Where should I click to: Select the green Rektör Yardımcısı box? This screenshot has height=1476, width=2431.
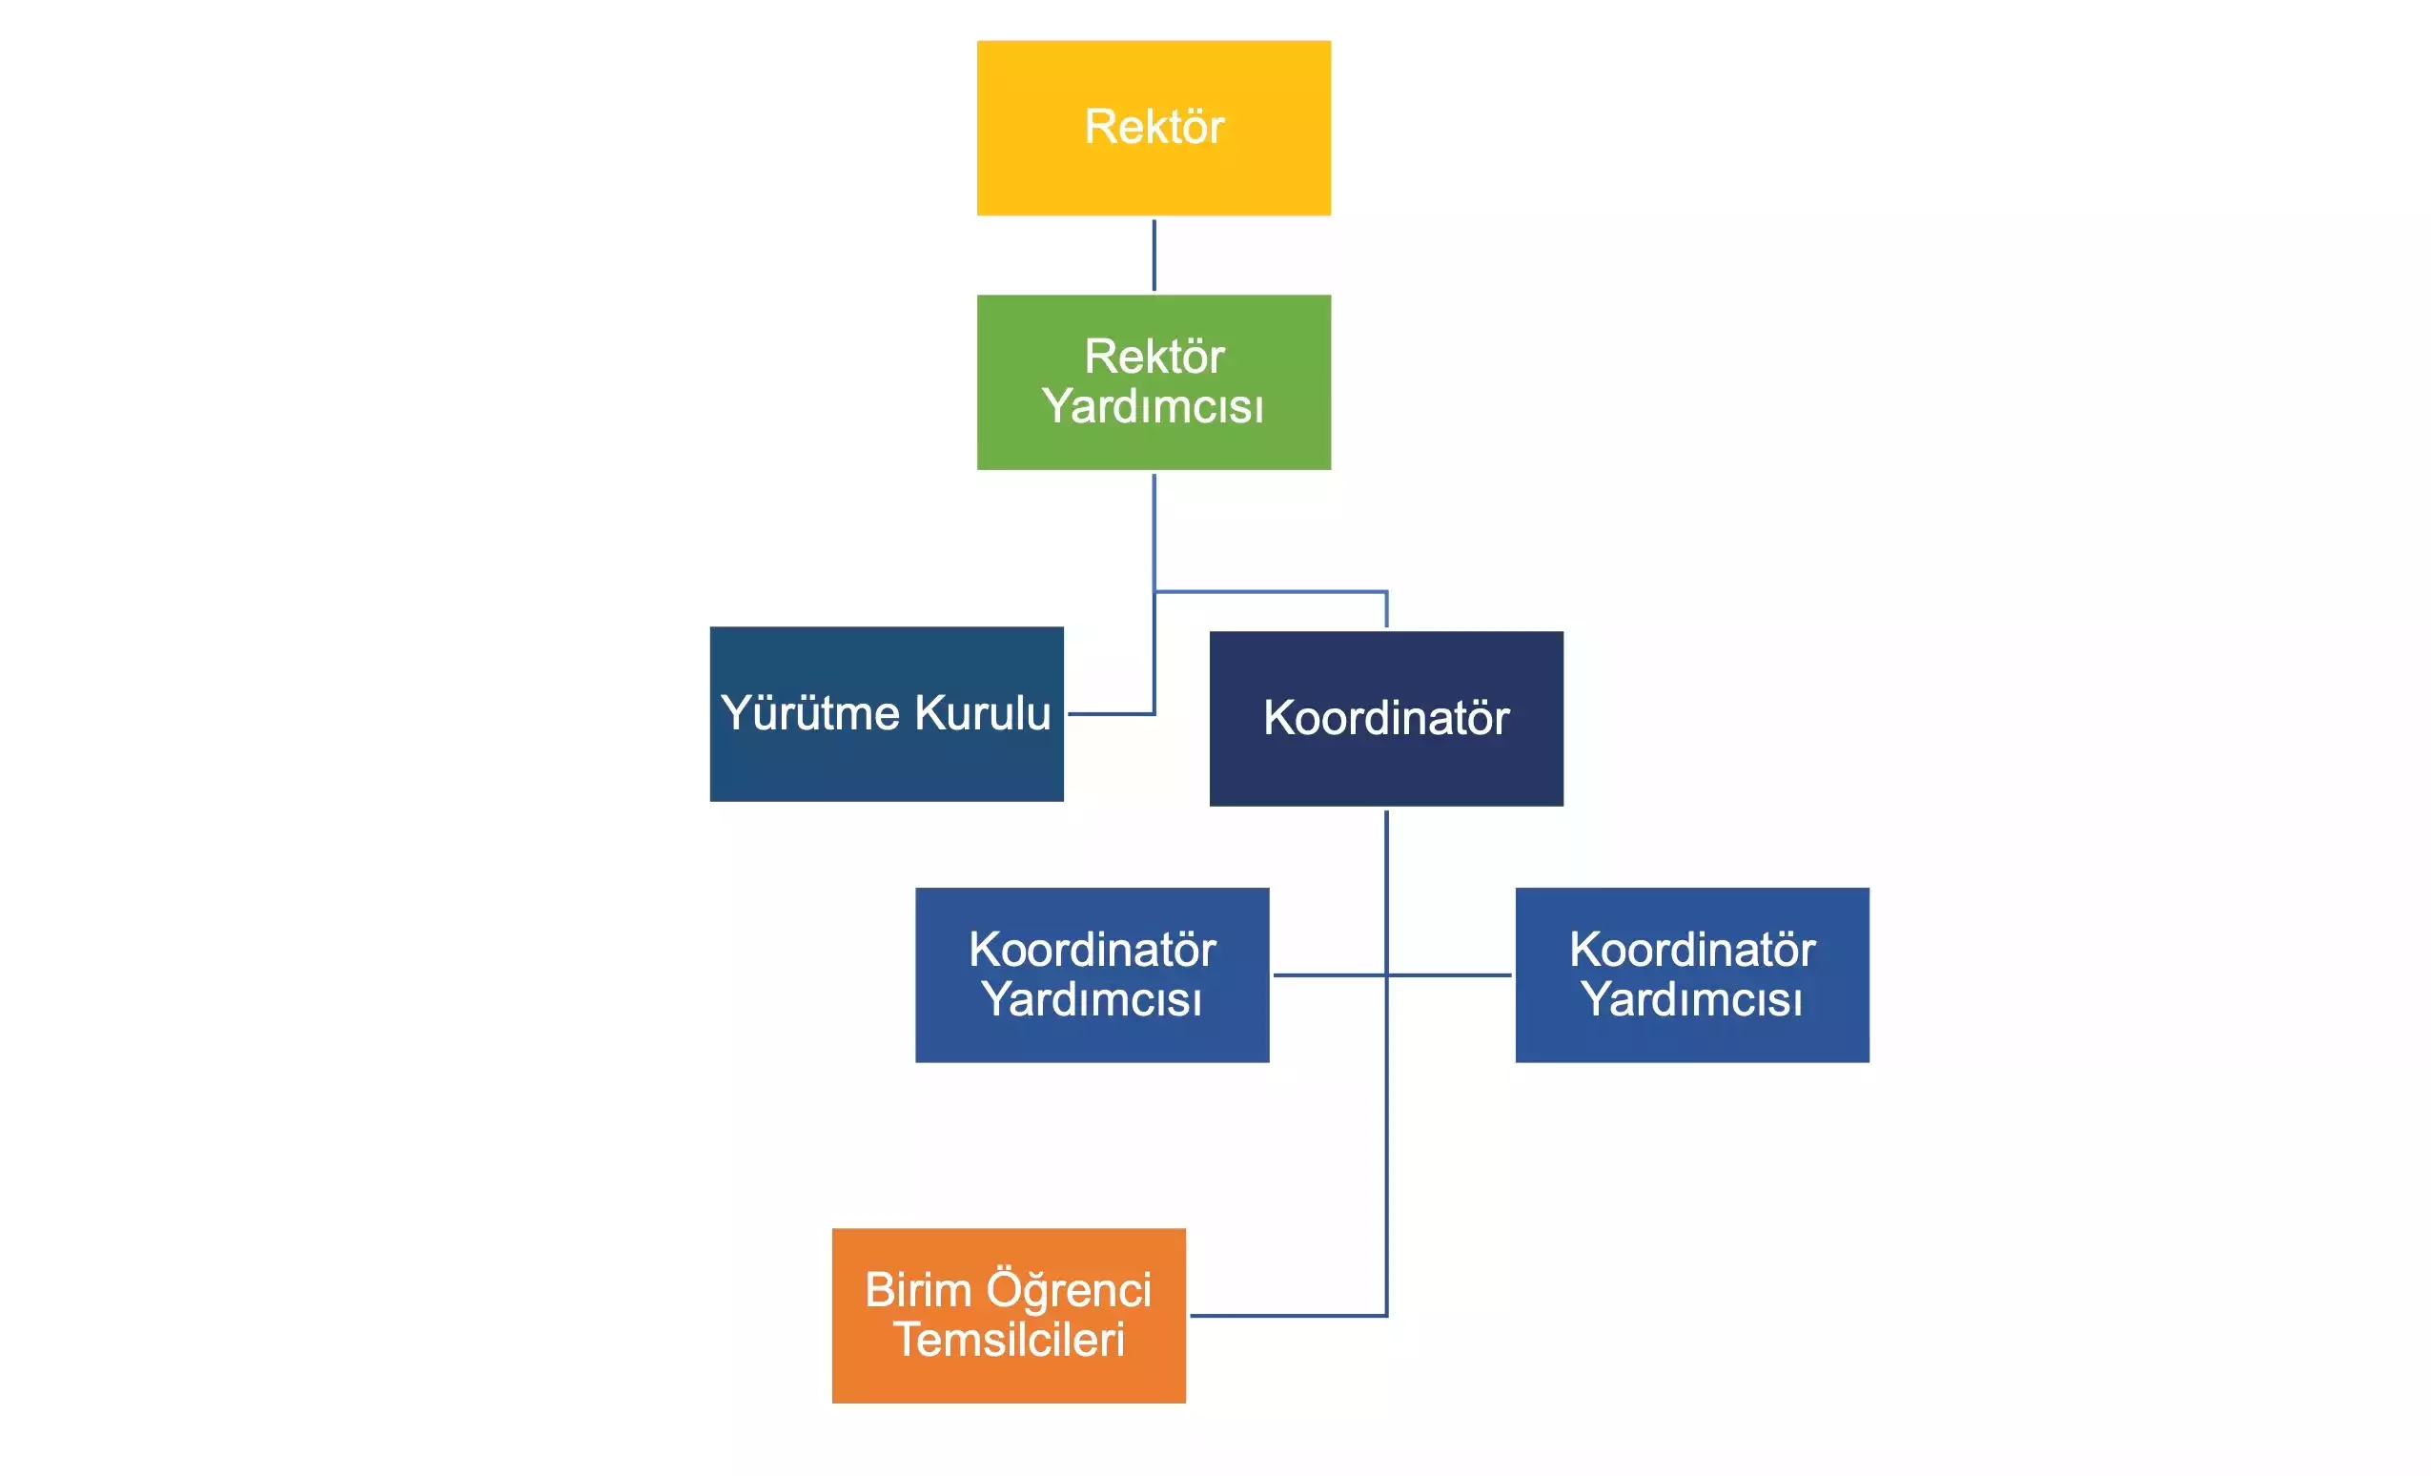(1154, 381)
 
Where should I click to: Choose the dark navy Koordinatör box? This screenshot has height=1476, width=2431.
(1386, 718)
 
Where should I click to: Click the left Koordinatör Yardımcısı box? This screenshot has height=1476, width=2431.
(1092, 974)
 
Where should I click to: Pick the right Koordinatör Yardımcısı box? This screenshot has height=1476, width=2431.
(1692, 974)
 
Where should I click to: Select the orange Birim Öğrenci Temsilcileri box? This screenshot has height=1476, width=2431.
(1009, 1315)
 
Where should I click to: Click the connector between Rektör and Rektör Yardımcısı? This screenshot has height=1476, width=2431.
(1154, 255)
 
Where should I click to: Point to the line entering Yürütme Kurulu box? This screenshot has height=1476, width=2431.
(1110, 713)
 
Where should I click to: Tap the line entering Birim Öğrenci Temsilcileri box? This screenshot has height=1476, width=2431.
(1282, 1315)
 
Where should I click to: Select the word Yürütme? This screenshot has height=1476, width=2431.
(810, 713)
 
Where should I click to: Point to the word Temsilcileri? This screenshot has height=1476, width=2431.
(1009, 1340)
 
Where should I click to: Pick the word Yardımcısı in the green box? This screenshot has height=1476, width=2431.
(1153, 406)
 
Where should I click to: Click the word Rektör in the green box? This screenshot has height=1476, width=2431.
(1154, 357)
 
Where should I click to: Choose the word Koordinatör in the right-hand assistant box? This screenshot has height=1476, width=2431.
(1692, 949)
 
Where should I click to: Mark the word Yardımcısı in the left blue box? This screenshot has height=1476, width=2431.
(1092, 999)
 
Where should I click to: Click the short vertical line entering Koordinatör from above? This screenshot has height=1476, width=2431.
(1386, 609)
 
